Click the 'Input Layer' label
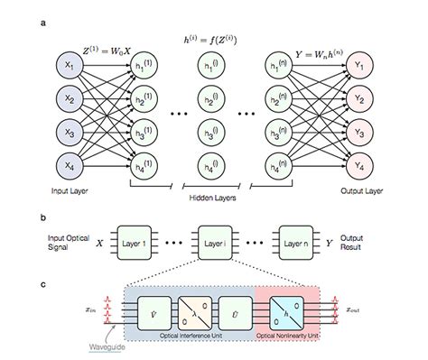click(x=70, y=191)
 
